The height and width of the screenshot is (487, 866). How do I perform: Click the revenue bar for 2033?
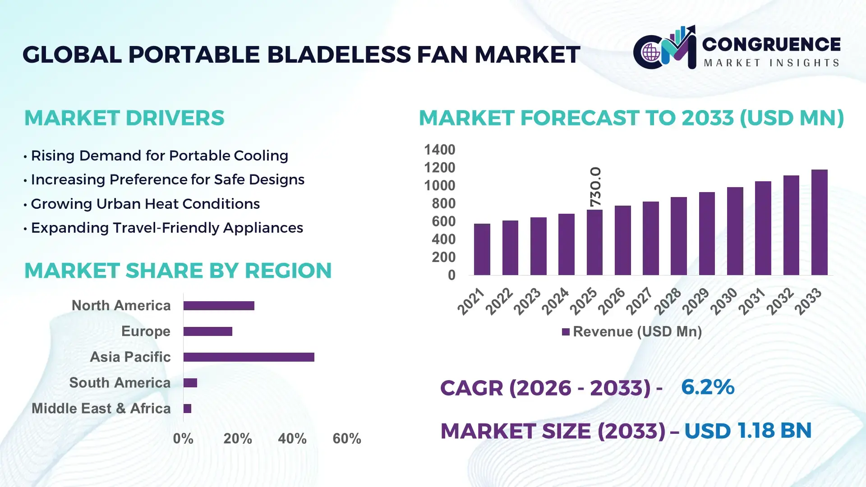(819, 222)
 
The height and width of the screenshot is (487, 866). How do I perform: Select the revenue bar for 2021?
(482, 249)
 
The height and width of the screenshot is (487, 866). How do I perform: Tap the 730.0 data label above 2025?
(595, 187)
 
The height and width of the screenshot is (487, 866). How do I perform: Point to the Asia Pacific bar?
(249, 357)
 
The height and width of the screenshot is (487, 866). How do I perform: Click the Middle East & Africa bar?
(187, 409)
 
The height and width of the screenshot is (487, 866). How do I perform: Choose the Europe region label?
(146, 331)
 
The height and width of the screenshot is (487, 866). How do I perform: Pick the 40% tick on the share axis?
(292, 438)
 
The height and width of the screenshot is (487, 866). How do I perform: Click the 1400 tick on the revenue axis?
(439, 150)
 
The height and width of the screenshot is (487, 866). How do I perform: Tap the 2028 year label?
(668, 301)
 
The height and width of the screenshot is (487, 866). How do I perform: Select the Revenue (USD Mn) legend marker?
(566, 332)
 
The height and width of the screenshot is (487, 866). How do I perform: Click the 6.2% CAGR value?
(707, 387)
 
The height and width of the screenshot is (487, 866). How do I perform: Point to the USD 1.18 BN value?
(747, 431)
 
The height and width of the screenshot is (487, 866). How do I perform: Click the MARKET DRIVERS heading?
(124, 118)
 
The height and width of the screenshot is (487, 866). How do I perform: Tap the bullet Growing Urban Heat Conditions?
(145, 204)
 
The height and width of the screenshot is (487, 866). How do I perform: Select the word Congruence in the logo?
(771, 44)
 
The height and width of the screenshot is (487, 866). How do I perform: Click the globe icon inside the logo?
(651, 52)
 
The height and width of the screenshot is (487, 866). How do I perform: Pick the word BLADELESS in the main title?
(339, 55)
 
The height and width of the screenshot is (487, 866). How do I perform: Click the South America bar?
(190, 383)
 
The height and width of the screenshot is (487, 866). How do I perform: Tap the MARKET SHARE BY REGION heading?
(178, 271)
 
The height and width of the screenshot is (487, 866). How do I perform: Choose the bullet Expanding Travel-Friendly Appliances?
(167, 228)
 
